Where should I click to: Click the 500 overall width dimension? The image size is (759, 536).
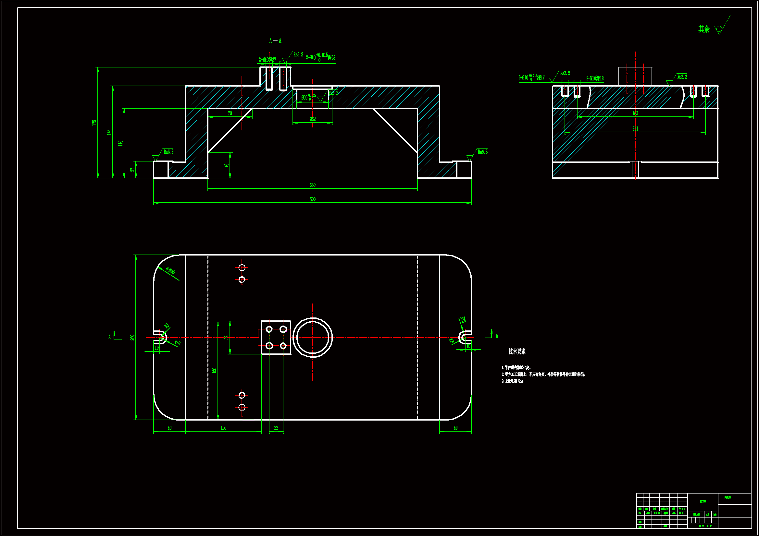(x=312, y=199)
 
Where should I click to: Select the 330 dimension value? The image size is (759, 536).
(x=312, y=185)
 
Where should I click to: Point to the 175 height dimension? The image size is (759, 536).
(x=94, y=123)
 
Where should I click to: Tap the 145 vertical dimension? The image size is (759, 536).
(x=109, y=132)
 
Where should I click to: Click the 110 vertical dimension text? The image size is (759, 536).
(x=120, y=143)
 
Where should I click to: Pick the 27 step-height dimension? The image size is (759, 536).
(x=132, y=169)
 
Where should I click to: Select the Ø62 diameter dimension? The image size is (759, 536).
(x=312, y=119)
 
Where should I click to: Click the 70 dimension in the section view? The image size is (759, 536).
(x=230, y=113)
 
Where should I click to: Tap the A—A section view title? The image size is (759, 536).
(x=275, y=41)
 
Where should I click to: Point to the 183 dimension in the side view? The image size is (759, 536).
(x=635, y=113)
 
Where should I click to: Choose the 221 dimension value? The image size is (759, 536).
(x=635, y=129)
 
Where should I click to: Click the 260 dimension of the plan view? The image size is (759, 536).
(x=132, y=338)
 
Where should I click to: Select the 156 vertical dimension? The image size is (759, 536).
(x=214, y=371)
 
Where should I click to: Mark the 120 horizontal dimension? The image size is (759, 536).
(x=223, y=428)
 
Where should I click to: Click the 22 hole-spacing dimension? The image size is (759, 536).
(x=276, y=428)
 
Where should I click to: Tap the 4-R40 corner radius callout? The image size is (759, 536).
(x=170, y=271)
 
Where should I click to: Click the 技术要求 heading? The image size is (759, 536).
(x=517, y=351)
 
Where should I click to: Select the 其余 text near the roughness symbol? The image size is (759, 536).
(x=704, y=30)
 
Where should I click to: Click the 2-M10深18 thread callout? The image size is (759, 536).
(x=595, y=78)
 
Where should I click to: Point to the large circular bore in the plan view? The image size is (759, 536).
(x=312, y=338)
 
